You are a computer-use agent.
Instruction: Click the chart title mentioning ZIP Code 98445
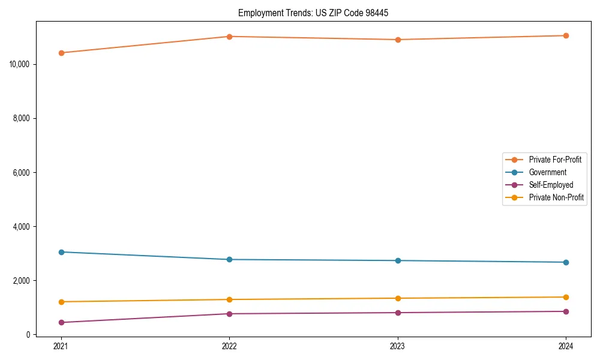coord(313,13)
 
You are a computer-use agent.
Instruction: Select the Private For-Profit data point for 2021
coord(61,53)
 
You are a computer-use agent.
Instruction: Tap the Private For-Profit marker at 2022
coord(229,37)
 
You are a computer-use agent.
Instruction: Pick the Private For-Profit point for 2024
coord(566,35)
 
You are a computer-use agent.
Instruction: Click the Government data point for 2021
coord(61,252)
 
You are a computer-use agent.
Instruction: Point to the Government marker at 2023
coord(398,260)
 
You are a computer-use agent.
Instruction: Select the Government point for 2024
coord(566,262)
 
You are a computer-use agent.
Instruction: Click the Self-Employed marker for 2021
coord(61,322)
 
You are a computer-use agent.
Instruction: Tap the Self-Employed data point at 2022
coord(229,314)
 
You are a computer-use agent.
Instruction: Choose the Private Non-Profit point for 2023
coord(398,298)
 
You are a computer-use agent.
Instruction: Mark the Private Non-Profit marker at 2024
coord(566,297)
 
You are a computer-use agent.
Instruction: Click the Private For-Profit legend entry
coord(554,160)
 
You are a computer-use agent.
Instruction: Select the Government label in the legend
coord(547,172)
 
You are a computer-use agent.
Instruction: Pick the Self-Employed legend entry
coord(551,185)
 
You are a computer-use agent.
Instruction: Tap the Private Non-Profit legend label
coord(556,197)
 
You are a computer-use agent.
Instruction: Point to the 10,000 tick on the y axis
coord(21,64)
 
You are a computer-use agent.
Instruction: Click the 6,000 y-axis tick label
coord(23,172)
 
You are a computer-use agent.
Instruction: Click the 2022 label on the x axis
coord(229,346)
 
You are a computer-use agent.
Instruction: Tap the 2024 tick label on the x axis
coord(566,346)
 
